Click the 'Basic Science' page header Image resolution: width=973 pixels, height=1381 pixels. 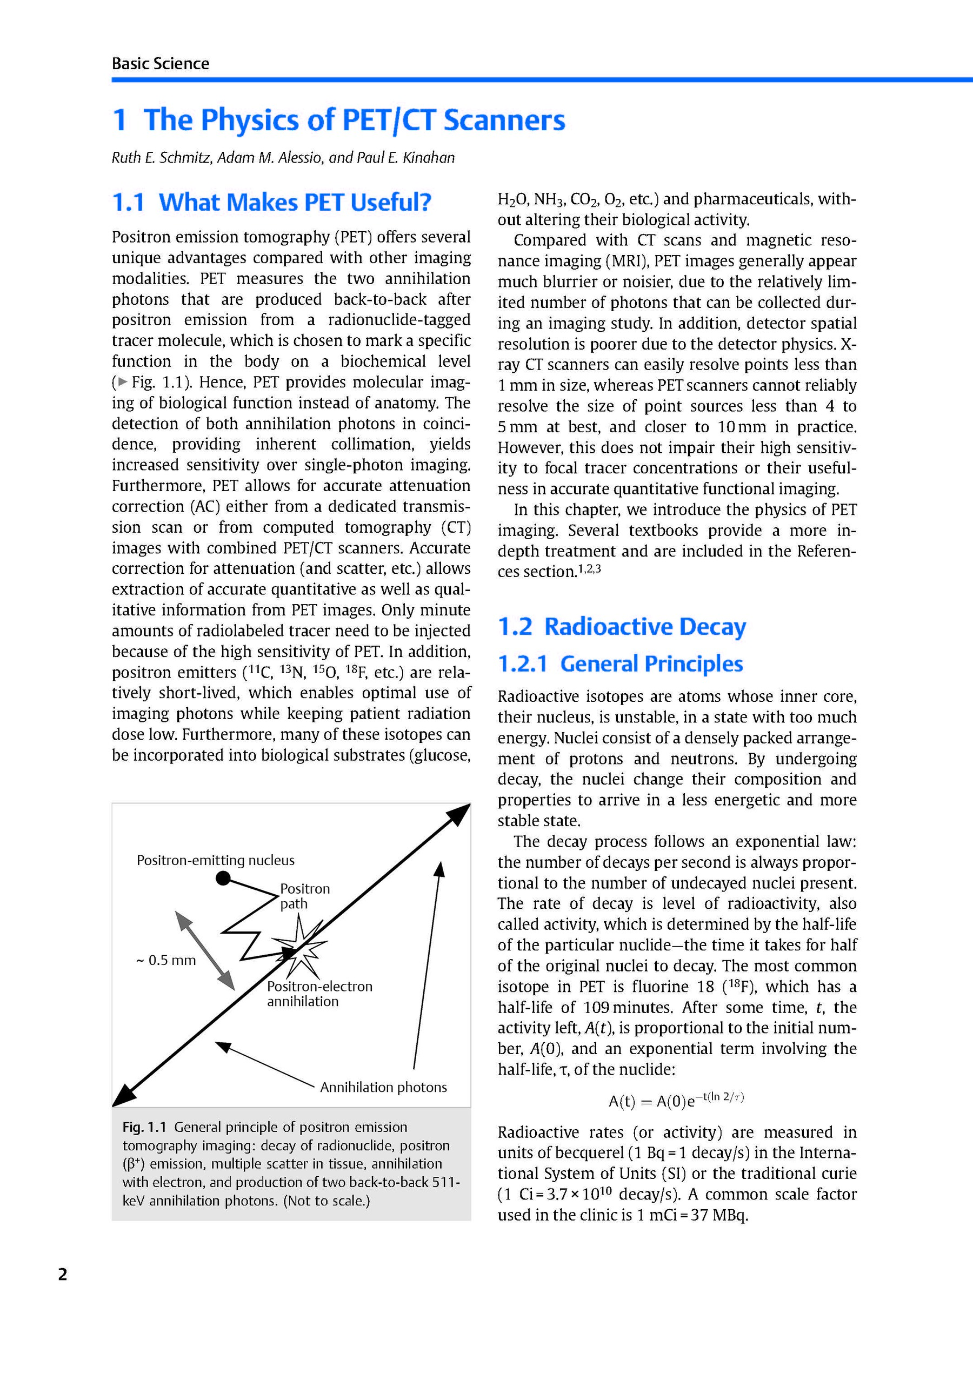160,64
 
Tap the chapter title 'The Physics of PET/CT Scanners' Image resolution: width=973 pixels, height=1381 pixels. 354,120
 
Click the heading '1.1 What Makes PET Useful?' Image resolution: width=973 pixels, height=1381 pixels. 271,202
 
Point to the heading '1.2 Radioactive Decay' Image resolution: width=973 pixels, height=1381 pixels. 622,627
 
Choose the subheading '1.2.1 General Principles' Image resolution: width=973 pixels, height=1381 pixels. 621,663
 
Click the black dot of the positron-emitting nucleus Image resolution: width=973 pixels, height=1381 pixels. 223,879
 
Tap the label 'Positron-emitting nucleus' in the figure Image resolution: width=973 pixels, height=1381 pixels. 216,860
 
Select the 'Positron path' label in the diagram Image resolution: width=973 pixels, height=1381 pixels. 304,896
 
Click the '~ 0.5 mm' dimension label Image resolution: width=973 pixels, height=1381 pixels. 166,961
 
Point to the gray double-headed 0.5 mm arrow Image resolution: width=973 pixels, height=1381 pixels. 204,950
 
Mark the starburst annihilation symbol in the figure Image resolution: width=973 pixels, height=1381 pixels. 299,949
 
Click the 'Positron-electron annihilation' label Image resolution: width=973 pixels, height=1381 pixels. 319,994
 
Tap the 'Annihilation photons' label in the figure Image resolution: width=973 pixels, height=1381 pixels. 383,1087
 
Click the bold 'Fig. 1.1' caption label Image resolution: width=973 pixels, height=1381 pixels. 144,1127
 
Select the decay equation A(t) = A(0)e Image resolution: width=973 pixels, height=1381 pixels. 676,1100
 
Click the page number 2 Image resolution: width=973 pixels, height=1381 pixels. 63,1275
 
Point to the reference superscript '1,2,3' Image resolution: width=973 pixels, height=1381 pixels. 589,568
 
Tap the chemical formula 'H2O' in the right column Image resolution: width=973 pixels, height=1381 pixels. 512,200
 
